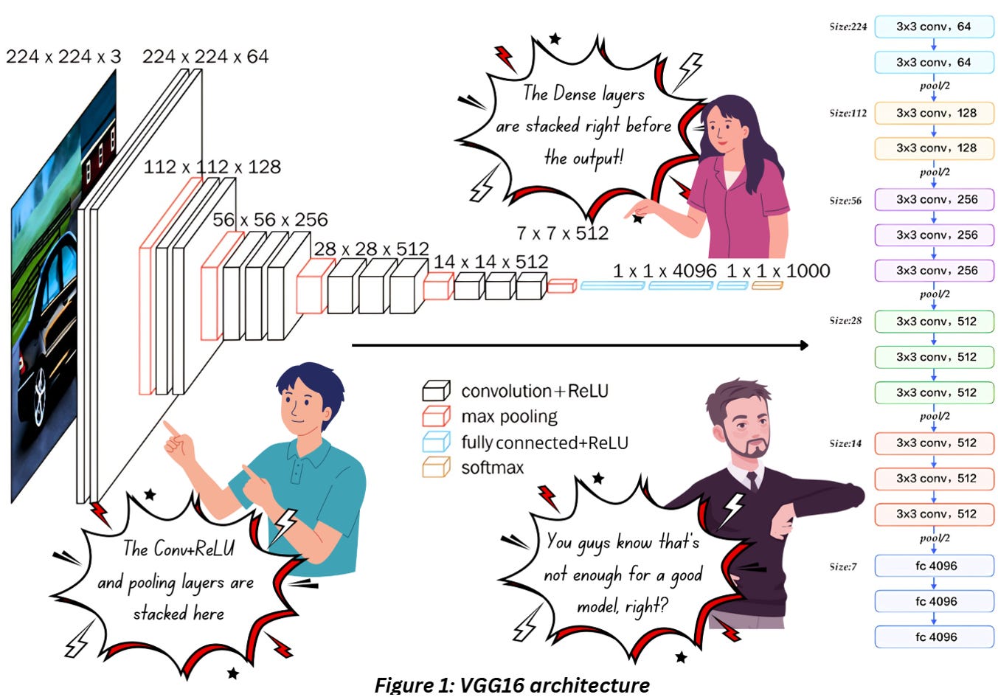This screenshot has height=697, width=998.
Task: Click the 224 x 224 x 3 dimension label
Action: point(63,57)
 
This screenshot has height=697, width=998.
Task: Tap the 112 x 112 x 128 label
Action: point(212,167)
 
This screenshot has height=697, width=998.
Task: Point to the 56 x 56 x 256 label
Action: point(270,220)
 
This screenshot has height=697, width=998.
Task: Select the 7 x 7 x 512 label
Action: point(562,233)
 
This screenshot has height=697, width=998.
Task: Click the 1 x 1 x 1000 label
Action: point(778,271)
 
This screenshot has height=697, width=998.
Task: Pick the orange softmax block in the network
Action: point(767,285)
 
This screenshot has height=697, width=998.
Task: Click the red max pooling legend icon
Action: point(436,416)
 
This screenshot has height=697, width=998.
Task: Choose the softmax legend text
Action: point(492,468)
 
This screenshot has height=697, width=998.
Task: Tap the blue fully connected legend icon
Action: point(436,442)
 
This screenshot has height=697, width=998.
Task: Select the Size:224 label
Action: point(848,27)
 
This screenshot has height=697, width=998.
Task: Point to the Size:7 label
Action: point(842,566)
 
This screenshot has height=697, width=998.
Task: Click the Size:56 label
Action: point(845,201)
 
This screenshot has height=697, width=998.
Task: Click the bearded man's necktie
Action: point(752,480)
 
